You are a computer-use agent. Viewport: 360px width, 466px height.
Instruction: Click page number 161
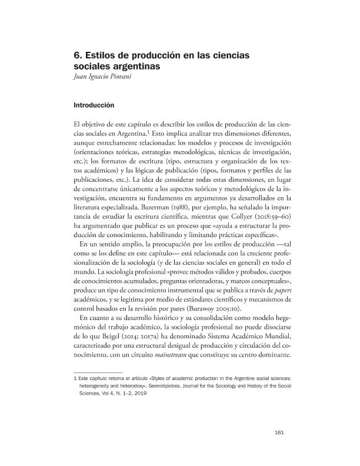280,434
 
